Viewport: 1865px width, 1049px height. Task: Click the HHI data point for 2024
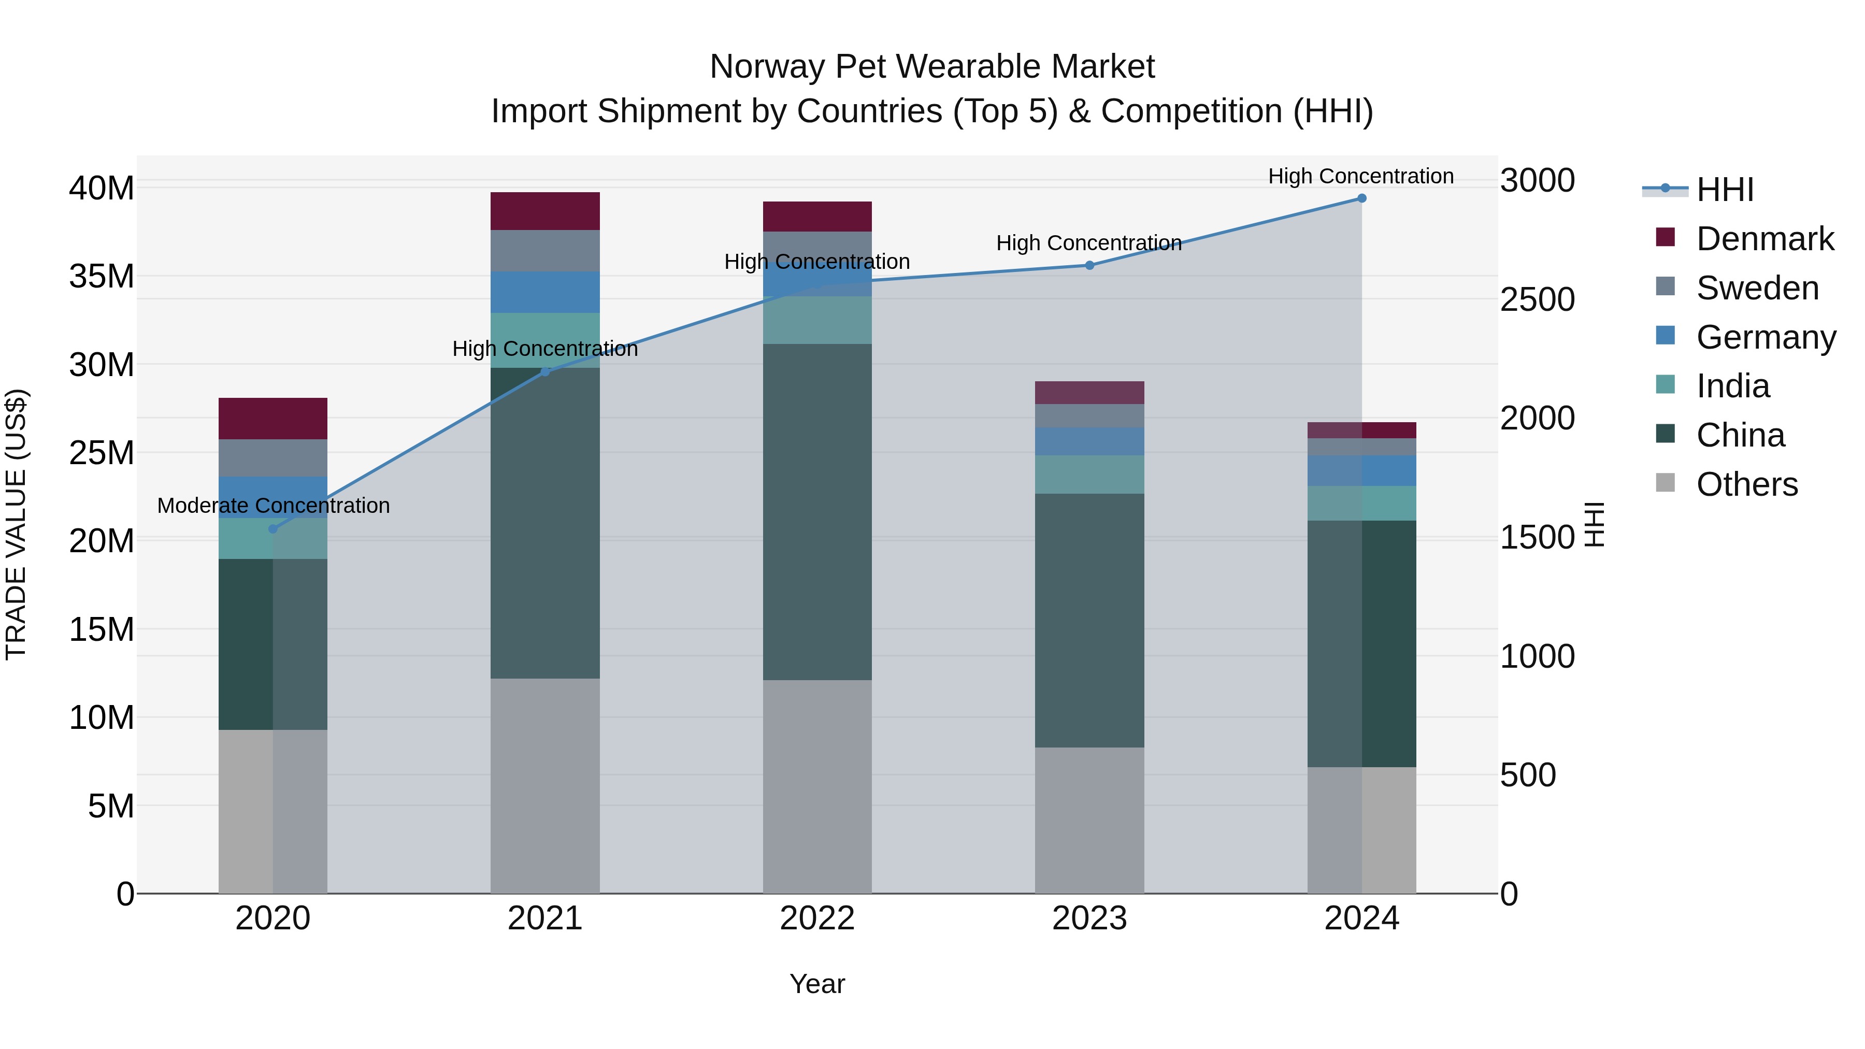[x=1361, y=198]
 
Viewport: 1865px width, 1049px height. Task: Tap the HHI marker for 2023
[x=1089, y=266]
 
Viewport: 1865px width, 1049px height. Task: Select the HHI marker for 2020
[x=273, y=529]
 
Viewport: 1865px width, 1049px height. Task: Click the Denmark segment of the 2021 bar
[x=545, y=211]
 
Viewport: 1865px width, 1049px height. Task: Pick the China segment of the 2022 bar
[x=817, y=511]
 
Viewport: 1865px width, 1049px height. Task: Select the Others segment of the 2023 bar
[x=1089, y=820]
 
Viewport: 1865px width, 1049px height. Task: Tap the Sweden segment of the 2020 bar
[x=273, y=458]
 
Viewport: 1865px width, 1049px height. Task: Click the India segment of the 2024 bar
[x=1361, y=503]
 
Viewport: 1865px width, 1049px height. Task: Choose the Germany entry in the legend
[x=1765, y=337]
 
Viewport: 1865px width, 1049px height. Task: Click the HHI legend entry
[x=1725, y=190]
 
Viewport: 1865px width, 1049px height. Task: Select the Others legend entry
[x=1746, y=484]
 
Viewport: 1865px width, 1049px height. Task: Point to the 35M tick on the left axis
[x=102, y=277]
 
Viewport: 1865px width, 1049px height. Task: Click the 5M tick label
[x=111, y=806]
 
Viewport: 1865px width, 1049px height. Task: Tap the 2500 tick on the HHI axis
[x=1537, y=300]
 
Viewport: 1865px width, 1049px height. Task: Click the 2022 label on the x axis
[x=817, y=918]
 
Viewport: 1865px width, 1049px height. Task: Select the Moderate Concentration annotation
[x=273, y=505]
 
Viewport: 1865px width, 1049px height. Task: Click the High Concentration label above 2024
[x=1360, y=176]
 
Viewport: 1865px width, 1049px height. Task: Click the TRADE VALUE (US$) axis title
[x=16, y=524]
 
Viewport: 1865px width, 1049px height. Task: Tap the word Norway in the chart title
[x=767, y=67]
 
